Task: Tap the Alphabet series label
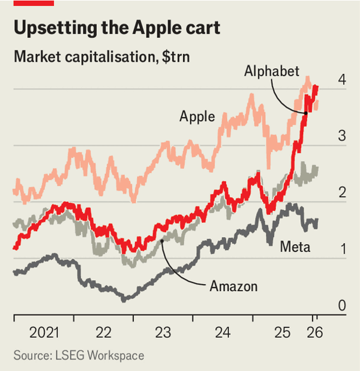click(x=272, y=71)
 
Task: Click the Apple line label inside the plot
click(x=197, y=116)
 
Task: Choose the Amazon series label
click(x=233, y=286)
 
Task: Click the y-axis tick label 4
click(x=341, y=80)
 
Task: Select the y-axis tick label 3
click(x=341, y=136)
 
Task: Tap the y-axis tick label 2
click(x=341, y=193)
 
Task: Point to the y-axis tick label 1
click(x=341, y=249)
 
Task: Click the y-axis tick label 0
click(x=341, y=306)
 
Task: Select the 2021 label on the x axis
click(x=45, y=332)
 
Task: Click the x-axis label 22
click(x=104, y=332)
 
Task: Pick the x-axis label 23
click(x=163, y=332)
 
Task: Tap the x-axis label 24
click(x=223, y=332)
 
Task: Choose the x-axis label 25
click(x=282, y=332)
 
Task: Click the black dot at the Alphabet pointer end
click(x=305, y=113)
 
